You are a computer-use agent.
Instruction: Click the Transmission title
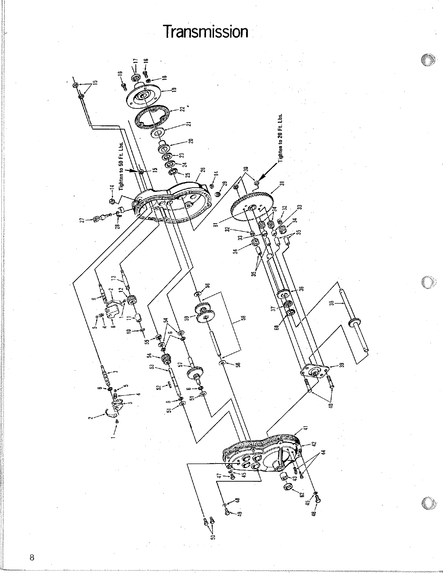click(x=206, y=32)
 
